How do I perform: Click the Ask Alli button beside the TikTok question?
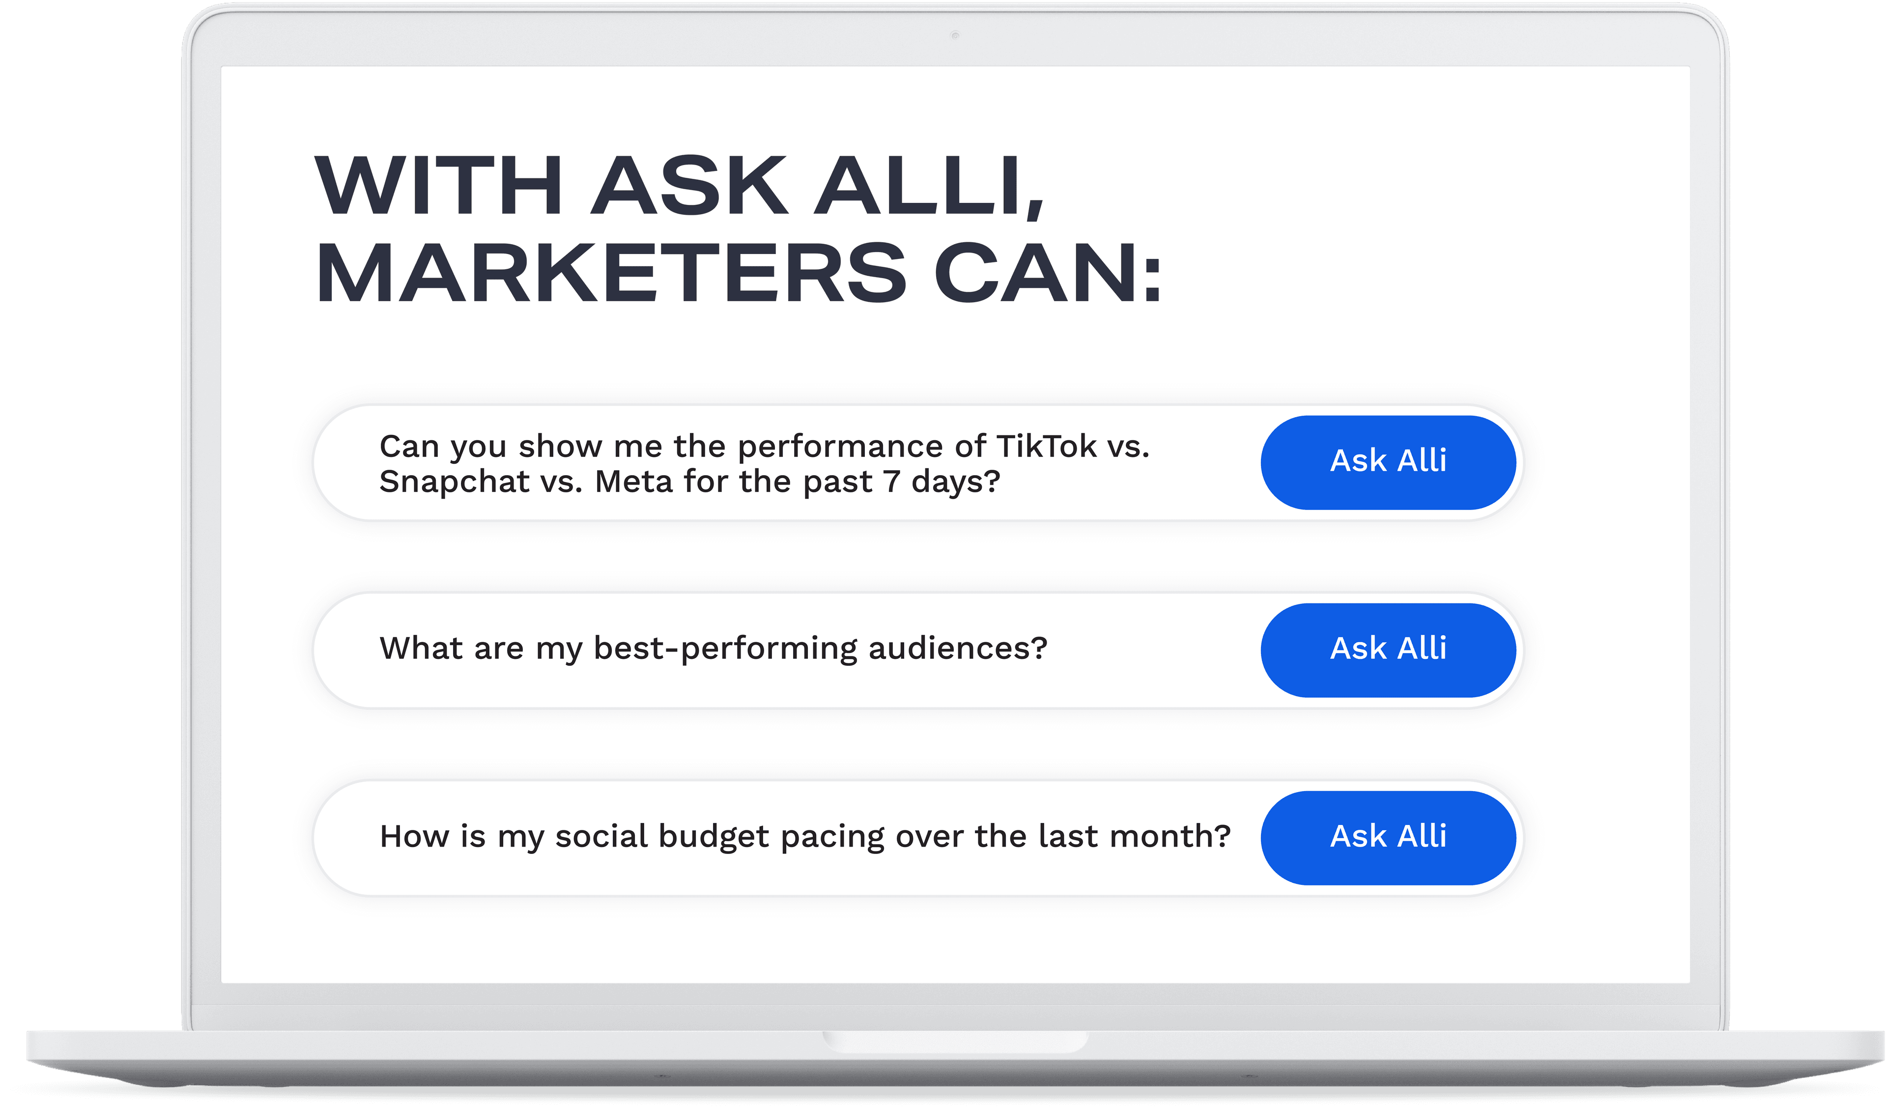pos(1388,462)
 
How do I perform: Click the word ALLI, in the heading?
pos(929,187)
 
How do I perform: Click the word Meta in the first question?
pos(633,481)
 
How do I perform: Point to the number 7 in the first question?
pos(891,481)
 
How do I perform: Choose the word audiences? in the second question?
pos(958,648)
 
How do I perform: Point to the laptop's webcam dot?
pos(955,35)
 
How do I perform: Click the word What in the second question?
pos(421,648)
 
